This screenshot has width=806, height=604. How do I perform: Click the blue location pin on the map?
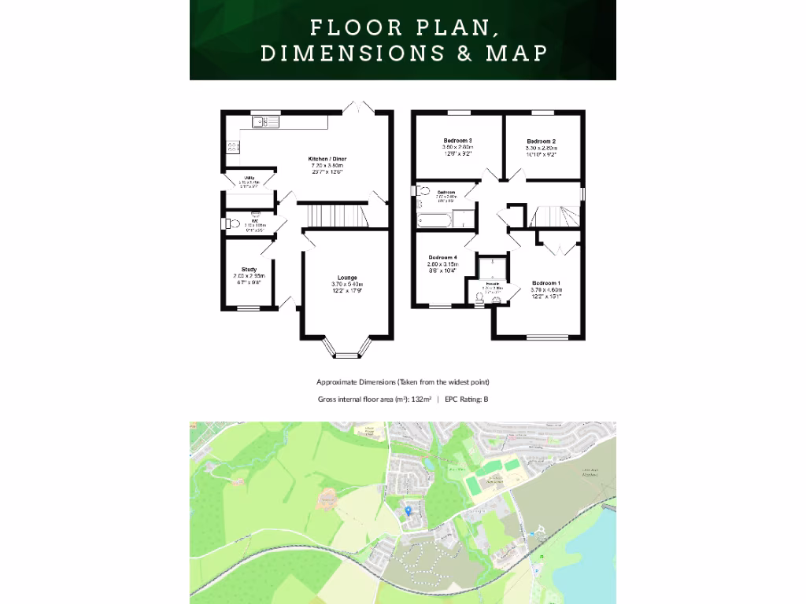407,510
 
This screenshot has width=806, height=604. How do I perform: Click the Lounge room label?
347,278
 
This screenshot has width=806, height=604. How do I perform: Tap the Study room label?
249,270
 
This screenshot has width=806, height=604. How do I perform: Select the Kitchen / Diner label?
327,160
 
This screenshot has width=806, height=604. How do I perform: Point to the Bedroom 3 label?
457,141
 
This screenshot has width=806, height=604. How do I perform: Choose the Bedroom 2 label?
542,142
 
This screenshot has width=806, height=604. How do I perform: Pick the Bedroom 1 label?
546,283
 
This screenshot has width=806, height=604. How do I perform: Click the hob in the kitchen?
233,146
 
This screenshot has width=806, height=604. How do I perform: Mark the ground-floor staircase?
331,215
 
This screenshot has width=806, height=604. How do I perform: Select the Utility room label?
249,179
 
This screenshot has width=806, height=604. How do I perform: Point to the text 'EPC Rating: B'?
467,400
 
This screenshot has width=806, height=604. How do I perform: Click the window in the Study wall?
248,308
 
